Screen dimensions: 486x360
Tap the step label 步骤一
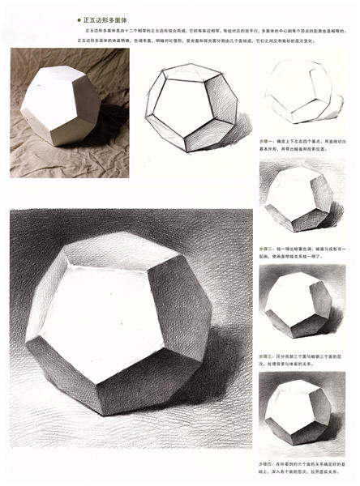tap(267, 139)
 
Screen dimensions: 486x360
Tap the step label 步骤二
tap(267, 249)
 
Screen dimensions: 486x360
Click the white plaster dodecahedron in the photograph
tap(61, 105)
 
